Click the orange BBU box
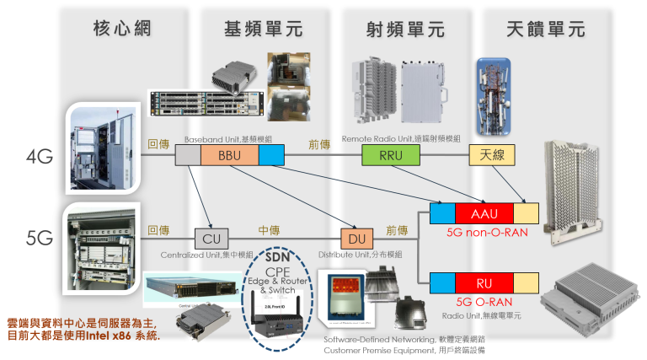(x=229, y=156)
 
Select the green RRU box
(x=390, y=156)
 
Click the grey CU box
(x=211, y=239)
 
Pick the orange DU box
(x=356, y=239)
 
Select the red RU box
(x=484, y=283)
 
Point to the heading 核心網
(x=121, y=28)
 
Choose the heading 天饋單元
(x=545, y=28)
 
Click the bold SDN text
(x=278, y=256)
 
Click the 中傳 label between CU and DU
(x=269, y=229)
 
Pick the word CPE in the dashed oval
(x=277, y=271)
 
